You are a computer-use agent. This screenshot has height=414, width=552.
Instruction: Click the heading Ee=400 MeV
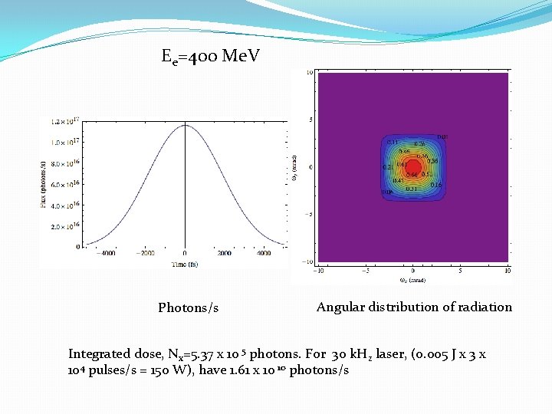[x=211, y=56]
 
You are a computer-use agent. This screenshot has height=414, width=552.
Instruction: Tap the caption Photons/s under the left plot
[x=188, y=308]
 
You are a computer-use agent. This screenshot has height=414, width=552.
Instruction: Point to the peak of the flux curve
[x=185, y=126]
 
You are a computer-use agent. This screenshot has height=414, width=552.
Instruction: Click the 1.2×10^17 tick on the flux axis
[x=67, y=122]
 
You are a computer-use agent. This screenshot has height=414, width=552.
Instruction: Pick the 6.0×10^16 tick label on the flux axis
[x=67, y=185]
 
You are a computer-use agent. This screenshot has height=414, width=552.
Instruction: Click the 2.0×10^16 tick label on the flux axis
[x=67, y=227]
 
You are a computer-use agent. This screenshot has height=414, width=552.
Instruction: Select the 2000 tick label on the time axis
[x=224, y=253]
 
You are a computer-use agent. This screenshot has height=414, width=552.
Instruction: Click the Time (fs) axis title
[x=185, y=263]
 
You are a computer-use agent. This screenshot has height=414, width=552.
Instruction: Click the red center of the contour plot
[x=412, y=167]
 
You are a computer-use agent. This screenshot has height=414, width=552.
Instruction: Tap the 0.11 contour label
[x=392, y=142]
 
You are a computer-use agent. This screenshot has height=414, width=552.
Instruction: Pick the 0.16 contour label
[x=435, y=185]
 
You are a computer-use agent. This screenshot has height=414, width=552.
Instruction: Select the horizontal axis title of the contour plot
[x=412, y=280]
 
